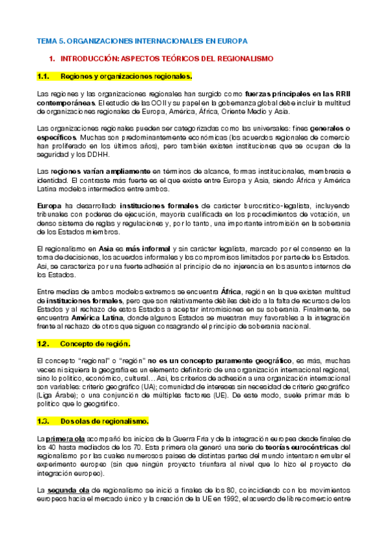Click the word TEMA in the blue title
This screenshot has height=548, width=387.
pos(47,41)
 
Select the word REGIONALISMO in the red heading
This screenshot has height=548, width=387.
pos(246,58)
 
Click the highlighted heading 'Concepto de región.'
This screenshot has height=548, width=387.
pos(95,342)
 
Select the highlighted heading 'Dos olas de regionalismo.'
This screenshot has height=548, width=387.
pos(104,403)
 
